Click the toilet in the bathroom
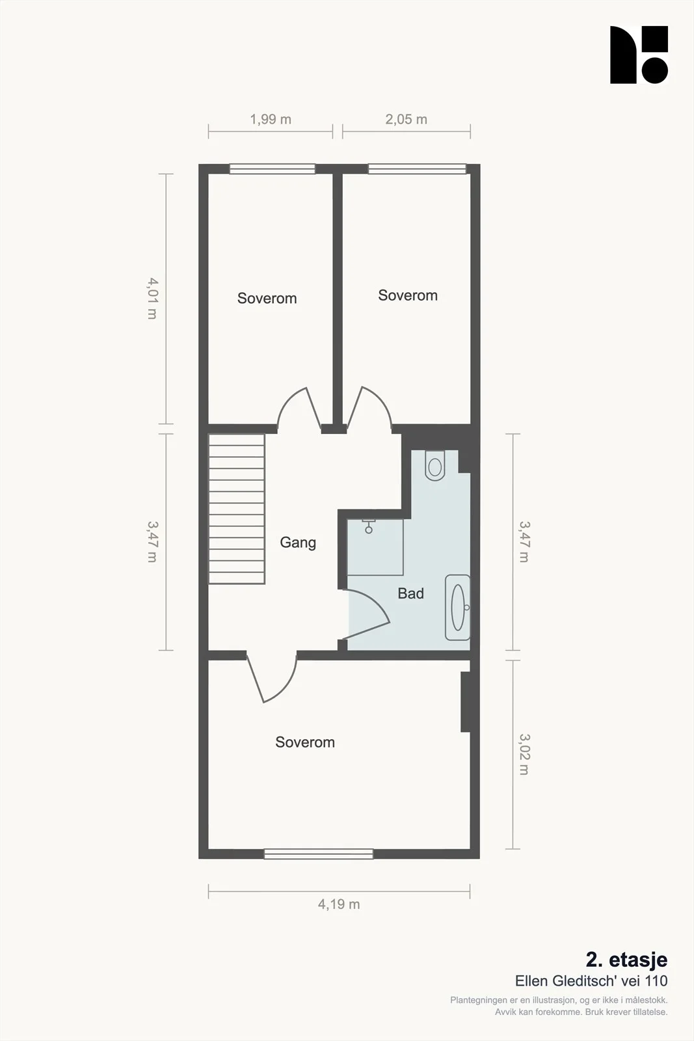click(434, 465)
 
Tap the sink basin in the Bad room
click(458, 608)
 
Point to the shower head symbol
click(369, 527)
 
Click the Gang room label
click(298, 543)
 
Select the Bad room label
click(410, 593)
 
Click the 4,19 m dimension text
click(339, 904)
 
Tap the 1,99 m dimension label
click(271, 120)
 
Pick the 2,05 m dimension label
click(406, 120)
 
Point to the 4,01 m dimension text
click(152, 299)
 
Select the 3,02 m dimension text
click(524, 755)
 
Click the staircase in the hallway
click(237, 509)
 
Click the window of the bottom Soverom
click(319, 854)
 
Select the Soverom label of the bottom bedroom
click(305, 742)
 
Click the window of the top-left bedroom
click(273, 169)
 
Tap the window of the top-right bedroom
click(417, 169)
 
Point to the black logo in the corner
click(639, 55)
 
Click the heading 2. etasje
click(626, 959)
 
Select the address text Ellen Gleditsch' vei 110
click(591, 980)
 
